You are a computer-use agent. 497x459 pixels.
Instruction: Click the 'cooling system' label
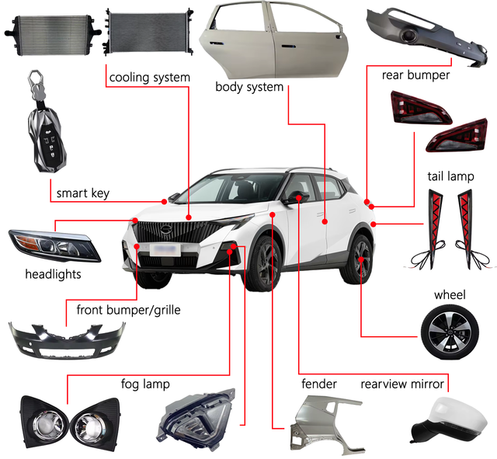(150, 78)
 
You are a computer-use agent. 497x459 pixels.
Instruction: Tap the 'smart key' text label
(83, 193)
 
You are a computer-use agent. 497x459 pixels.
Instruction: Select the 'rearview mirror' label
(402, 384)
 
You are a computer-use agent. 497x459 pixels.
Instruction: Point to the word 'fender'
(319, 384)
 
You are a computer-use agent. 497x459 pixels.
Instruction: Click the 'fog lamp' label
(145, 384)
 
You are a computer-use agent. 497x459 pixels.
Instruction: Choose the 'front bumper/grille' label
(129, 310)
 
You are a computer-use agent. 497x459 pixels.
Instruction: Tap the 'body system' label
(249, 87)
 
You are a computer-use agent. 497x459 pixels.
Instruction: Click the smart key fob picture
(47, 122)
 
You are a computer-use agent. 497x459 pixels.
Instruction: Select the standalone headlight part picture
(54, 245)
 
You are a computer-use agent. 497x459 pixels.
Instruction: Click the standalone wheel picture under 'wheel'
(450, 332)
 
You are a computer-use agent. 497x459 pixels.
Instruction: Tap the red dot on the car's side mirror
(298, 198)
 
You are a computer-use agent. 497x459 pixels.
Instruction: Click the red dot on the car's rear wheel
(361, 259)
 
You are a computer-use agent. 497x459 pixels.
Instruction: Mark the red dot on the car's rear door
(325, 221)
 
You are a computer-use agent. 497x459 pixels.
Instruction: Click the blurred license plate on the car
(165, 250)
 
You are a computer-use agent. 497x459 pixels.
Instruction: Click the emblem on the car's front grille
(165, 229)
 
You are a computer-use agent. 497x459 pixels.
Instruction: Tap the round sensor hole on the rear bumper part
(409, 35)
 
